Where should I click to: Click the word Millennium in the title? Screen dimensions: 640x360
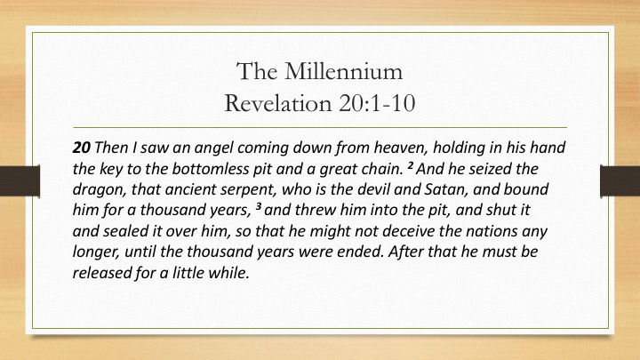tap(344, 71)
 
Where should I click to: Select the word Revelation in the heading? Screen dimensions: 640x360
tap(278, 102)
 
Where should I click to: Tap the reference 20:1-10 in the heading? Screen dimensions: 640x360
tap(377, 102)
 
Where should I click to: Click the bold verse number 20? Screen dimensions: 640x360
tap(81, 148)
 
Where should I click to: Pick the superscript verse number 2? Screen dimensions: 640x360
tap(411, 165)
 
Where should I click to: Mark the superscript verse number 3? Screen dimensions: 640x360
tap(259, 206)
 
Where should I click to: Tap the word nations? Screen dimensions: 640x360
tap(492, 231)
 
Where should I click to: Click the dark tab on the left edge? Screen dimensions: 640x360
tap(20, 180)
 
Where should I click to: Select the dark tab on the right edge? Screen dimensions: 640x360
tap(620, 180)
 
